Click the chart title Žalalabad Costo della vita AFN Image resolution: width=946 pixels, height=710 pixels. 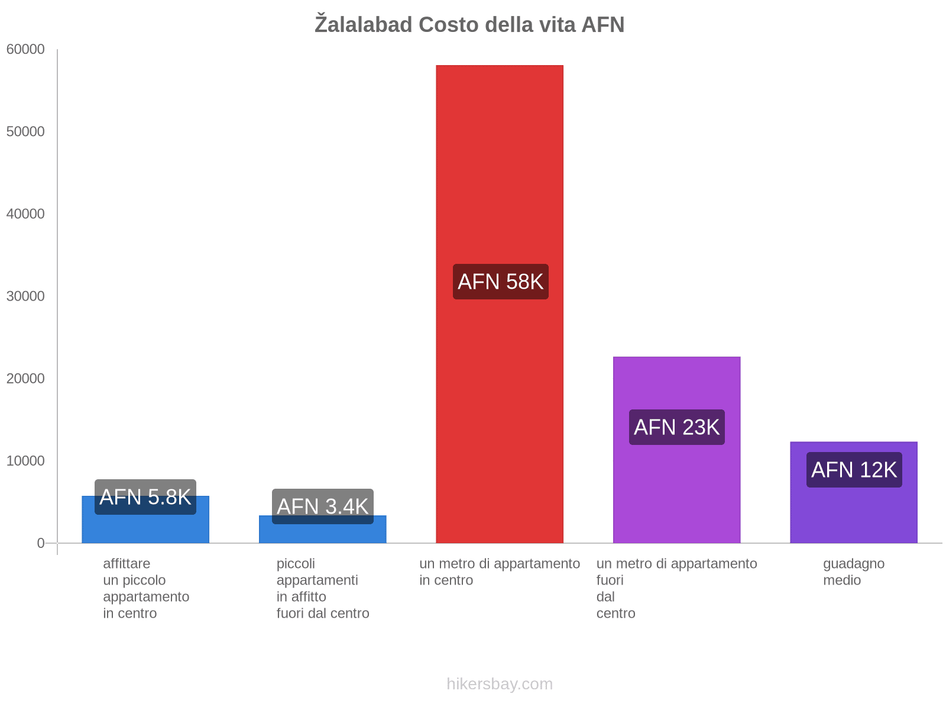(469, 25)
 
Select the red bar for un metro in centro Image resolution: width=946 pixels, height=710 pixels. (500, 177)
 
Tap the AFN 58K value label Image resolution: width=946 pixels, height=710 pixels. (500, 282)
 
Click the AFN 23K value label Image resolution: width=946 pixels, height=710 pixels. (676, 427)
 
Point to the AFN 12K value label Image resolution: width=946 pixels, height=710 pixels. (854, 470)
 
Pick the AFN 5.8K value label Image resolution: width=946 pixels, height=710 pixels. (145, 497)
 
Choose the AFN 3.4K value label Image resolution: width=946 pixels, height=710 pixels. (323, 506)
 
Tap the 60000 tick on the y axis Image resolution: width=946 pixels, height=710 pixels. (26, 50)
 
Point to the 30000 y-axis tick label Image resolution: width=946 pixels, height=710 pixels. (26, 296)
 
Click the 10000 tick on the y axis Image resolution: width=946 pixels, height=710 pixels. (26, 461)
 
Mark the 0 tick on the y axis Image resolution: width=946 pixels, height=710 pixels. (41, 543)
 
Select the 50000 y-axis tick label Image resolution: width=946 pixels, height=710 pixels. (26, 132)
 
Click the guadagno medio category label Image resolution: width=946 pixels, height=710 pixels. (854, 572)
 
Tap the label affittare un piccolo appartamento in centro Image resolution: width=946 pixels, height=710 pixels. (145, 588)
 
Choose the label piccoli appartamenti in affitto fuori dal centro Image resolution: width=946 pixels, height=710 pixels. (323, 588)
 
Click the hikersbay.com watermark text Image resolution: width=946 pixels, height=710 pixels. (500, 684)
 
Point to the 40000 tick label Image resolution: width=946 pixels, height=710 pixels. (26, 214)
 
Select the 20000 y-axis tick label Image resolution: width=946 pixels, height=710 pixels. (26, 379)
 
